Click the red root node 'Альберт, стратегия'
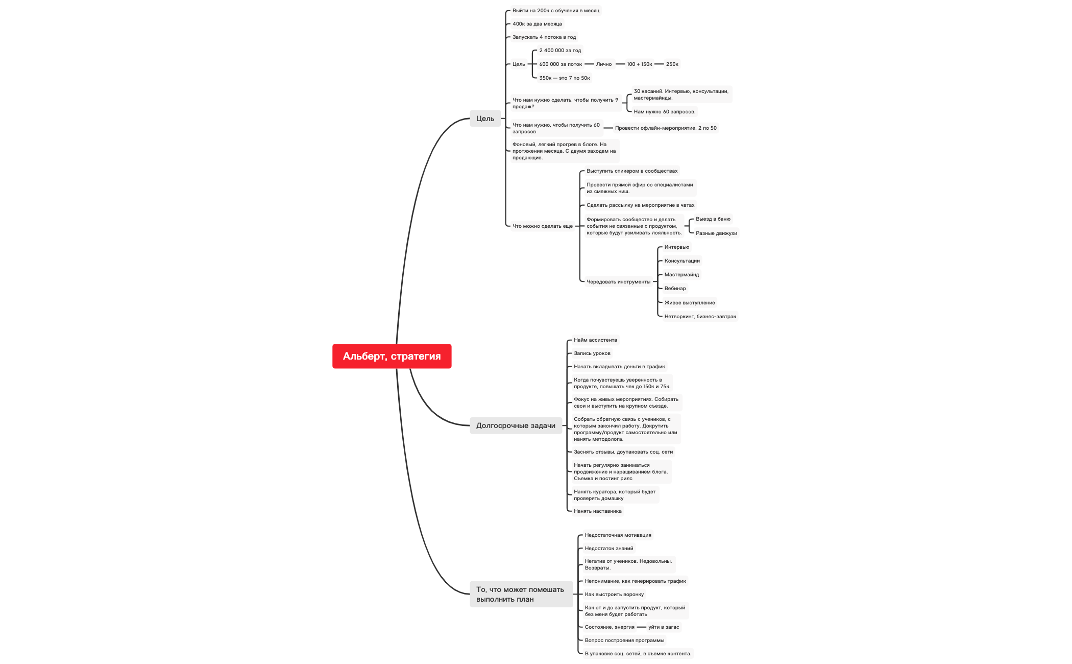point(392,356)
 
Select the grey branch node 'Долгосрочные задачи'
point(516,425)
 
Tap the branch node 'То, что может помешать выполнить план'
point(521,595)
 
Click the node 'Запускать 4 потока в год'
point(544,37)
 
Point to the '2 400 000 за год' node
point(560,51)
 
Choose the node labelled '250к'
point(672,64)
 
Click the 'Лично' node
point(604,64)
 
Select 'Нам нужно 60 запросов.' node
point(664,112)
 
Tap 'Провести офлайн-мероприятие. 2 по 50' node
point(666,128)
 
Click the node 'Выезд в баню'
point(713,219)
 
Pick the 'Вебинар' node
point(675,289)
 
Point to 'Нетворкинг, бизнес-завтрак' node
point(700,317)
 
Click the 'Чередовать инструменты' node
point(618,282)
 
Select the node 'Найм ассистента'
point(595,340)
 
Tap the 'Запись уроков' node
point(592,353)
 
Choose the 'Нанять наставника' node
point(597,511)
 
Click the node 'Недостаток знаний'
point(608,549)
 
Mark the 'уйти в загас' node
point(664,627)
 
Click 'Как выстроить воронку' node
point(614,595)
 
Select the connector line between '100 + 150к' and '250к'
point(659,64)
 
